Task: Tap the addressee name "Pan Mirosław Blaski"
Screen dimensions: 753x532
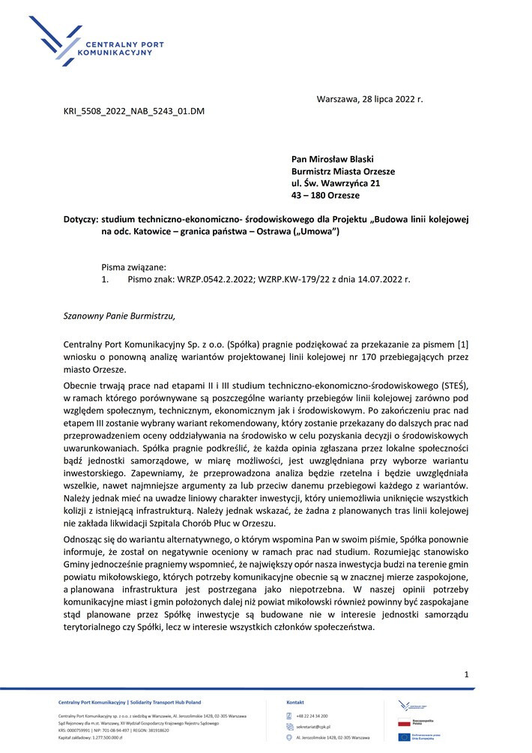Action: click(332, 159)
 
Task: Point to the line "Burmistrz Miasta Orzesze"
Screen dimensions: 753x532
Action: click(343, 171)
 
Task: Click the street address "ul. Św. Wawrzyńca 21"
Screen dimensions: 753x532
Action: click(336, 183)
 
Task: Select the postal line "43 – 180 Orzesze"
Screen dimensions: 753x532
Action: click(325, 195)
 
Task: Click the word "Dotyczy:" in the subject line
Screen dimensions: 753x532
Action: click(81, 219)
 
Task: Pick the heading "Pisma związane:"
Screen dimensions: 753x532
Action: click(133, 266)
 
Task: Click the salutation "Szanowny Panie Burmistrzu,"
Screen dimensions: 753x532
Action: click(119, 316)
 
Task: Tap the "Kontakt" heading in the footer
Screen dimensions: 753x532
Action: click(295, 702)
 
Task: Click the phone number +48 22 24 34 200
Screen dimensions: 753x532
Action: click(312, 715)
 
